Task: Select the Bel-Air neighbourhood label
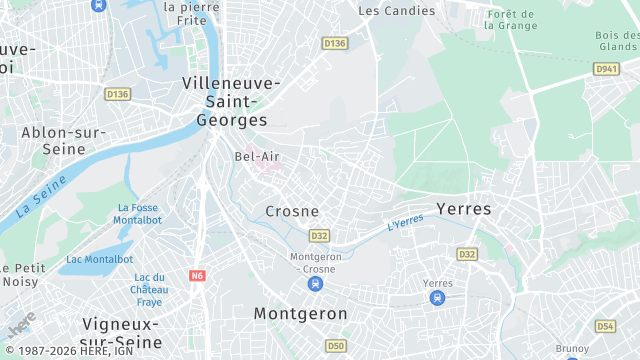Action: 256,156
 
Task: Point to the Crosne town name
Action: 292,211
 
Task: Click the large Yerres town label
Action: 464,209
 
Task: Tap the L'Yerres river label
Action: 406,225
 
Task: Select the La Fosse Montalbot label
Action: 137,213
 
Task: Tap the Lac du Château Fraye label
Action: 148,289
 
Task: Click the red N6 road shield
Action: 196,274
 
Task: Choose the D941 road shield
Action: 606,69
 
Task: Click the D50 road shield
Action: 336,346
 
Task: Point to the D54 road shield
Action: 605,326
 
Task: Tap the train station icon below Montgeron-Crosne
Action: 315,284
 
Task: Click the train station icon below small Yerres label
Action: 438,299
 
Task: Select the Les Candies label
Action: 397,11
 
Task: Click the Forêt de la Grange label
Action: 510,20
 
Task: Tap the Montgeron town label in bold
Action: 300,313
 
